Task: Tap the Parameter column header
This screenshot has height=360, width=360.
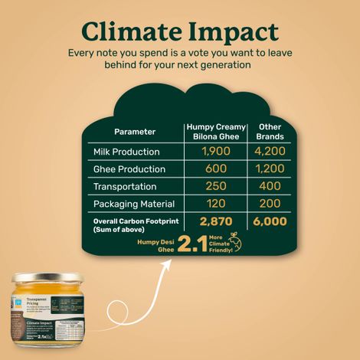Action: tap(136, 131)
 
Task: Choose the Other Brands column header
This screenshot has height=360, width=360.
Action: tap(270, 131)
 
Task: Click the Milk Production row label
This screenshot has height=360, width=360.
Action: tap(126, 152)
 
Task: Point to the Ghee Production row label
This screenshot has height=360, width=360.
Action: tap(129, 169)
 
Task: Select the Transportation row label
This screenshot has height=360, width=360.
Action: tap(125, 187)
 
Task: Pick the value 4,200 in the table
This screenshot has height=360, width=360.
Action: tap(270, 152)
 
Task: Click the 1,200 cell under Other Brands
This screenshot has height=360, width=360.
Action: tap(270, 169)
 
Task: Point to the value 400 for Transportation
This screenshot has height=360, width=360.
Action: tap(270, 187)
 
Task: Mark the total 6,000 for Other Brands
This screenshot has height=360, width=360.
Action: tap(270, 222)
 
